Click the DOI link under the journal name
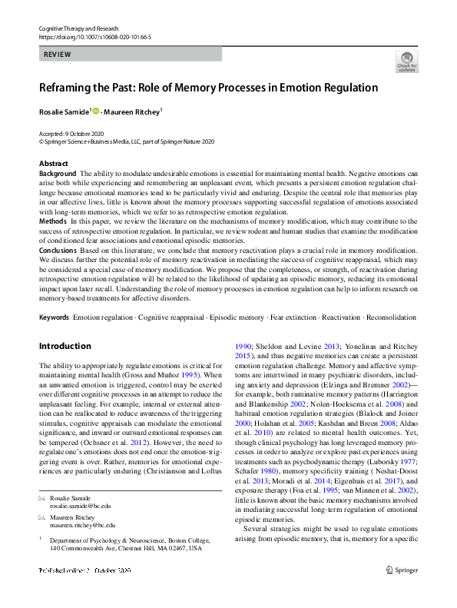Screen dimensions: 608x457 tap(94, 37)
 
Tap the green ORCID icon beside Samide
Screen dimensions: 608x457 tap(95, 111)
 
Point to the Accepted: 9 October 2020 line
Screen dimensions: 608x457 tap(73, 134)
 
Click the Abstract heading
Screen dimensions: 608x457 tap(53, 164)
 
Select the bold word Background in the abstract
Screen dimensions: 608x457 tap(58, 174)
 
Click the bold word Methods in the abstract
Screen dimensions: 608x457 tap(53, 221)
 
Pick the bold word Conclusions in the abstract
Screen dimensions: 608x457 tap(58, 250)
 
